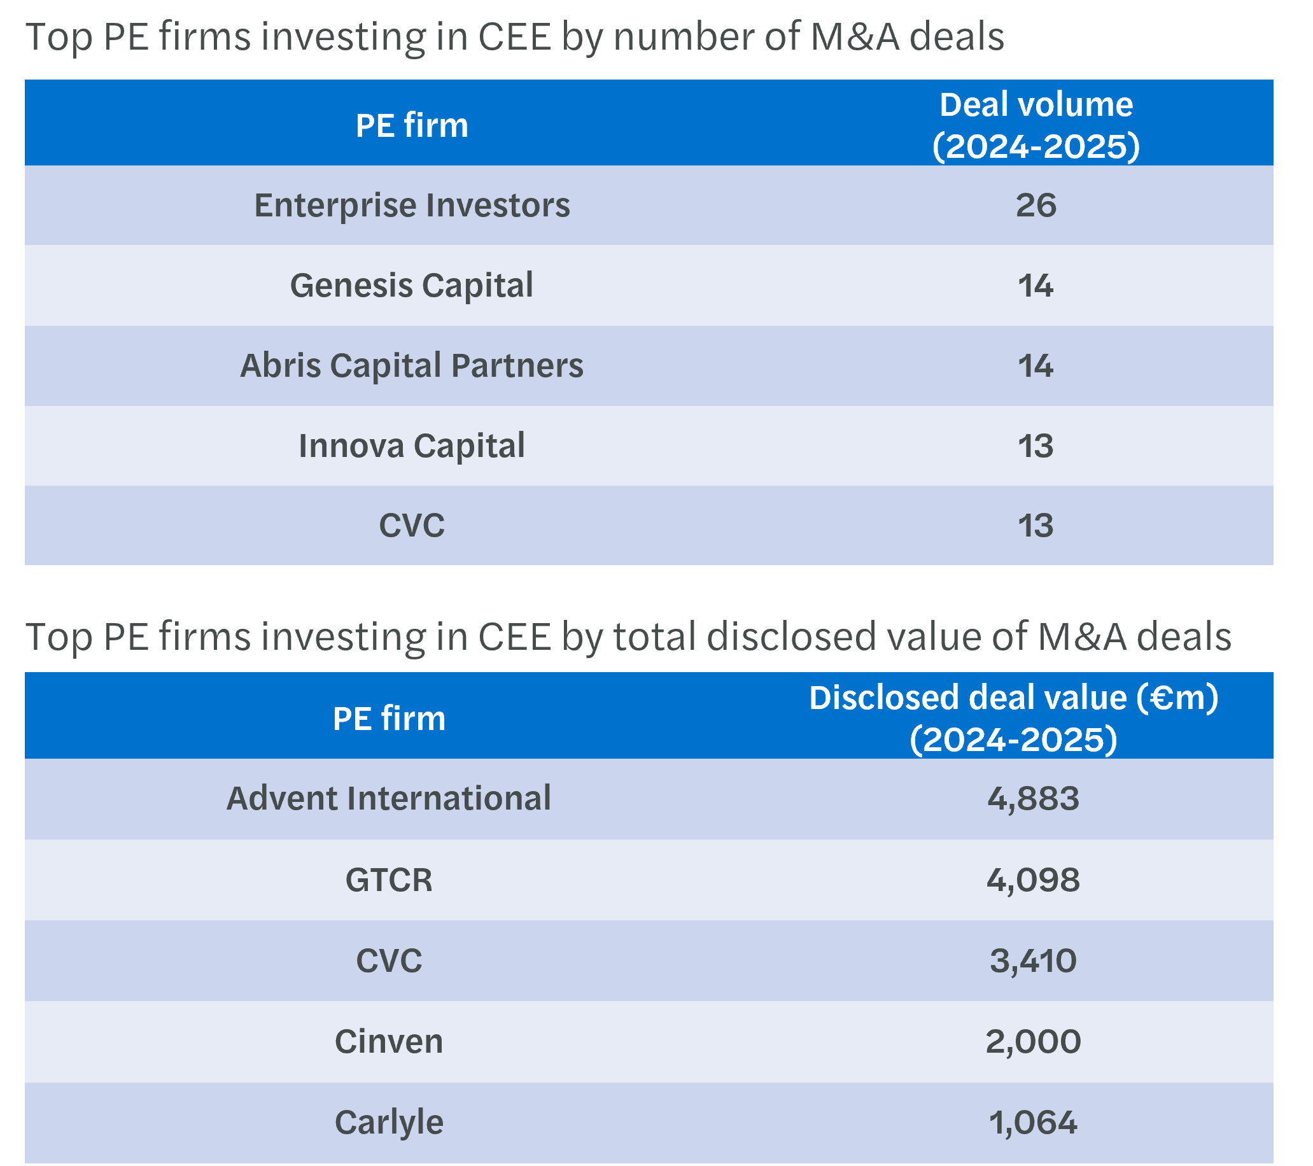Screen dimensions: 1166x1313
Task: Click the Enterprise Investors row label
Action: (412, 206)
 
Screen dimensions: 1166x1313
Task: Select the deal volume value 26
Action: (1036, 206)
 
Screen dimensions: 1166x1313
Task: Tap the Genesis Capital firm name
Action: (412, 285)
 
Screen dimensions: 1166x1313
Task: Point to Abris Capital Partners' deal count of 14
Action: (1036, 365)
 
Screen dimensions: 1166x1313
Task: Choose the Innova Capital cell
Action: (412, 446)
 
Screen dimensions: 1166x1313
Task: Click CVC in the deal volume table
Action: (412, 526)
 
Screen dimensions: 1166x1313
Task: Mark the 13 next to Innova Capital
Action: (1036, 446)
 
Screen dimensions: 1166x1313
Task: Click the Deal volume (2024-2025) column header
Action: (1036, 125)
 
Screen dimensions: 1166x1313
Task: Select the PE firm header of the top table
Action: (412, 125)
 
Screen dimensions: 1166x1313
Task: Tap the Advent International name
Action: (389, 799)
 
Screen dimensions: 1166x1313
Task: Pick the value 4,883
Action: (1033, 799)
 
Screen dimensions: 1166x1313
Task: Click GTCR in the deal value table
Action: (389, 880)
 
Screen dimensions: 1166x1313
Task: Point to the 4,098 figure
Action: (1033, 880)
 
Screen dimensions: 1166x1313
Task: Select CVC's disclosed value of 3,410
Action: (1033, 960)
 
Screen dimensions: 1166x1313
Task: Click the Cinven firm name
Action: (389, 1041)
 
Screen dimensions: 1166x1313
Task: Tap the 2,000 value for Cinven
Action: (1033, 1041)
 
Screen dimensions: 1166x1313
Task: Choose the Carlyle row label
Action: (389, 1122)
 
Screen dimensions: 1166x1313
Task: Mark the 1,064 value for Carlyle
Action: (1033, 1122)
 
